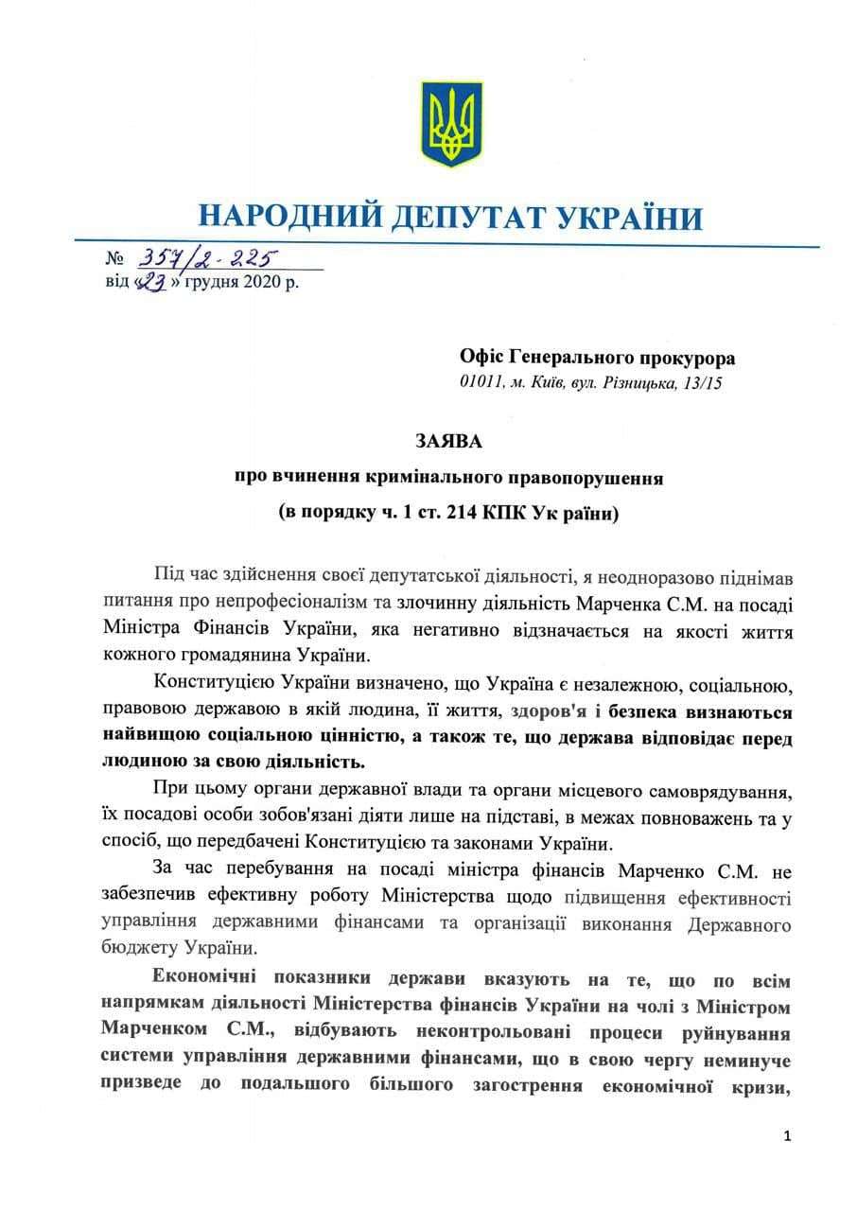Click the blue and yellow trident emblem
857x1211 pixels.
(x=450, y=124)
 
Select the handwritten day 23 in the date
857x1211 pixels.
(x=151, y=282)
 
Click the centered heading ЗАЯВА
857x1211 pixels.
(x=449, y=441)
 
